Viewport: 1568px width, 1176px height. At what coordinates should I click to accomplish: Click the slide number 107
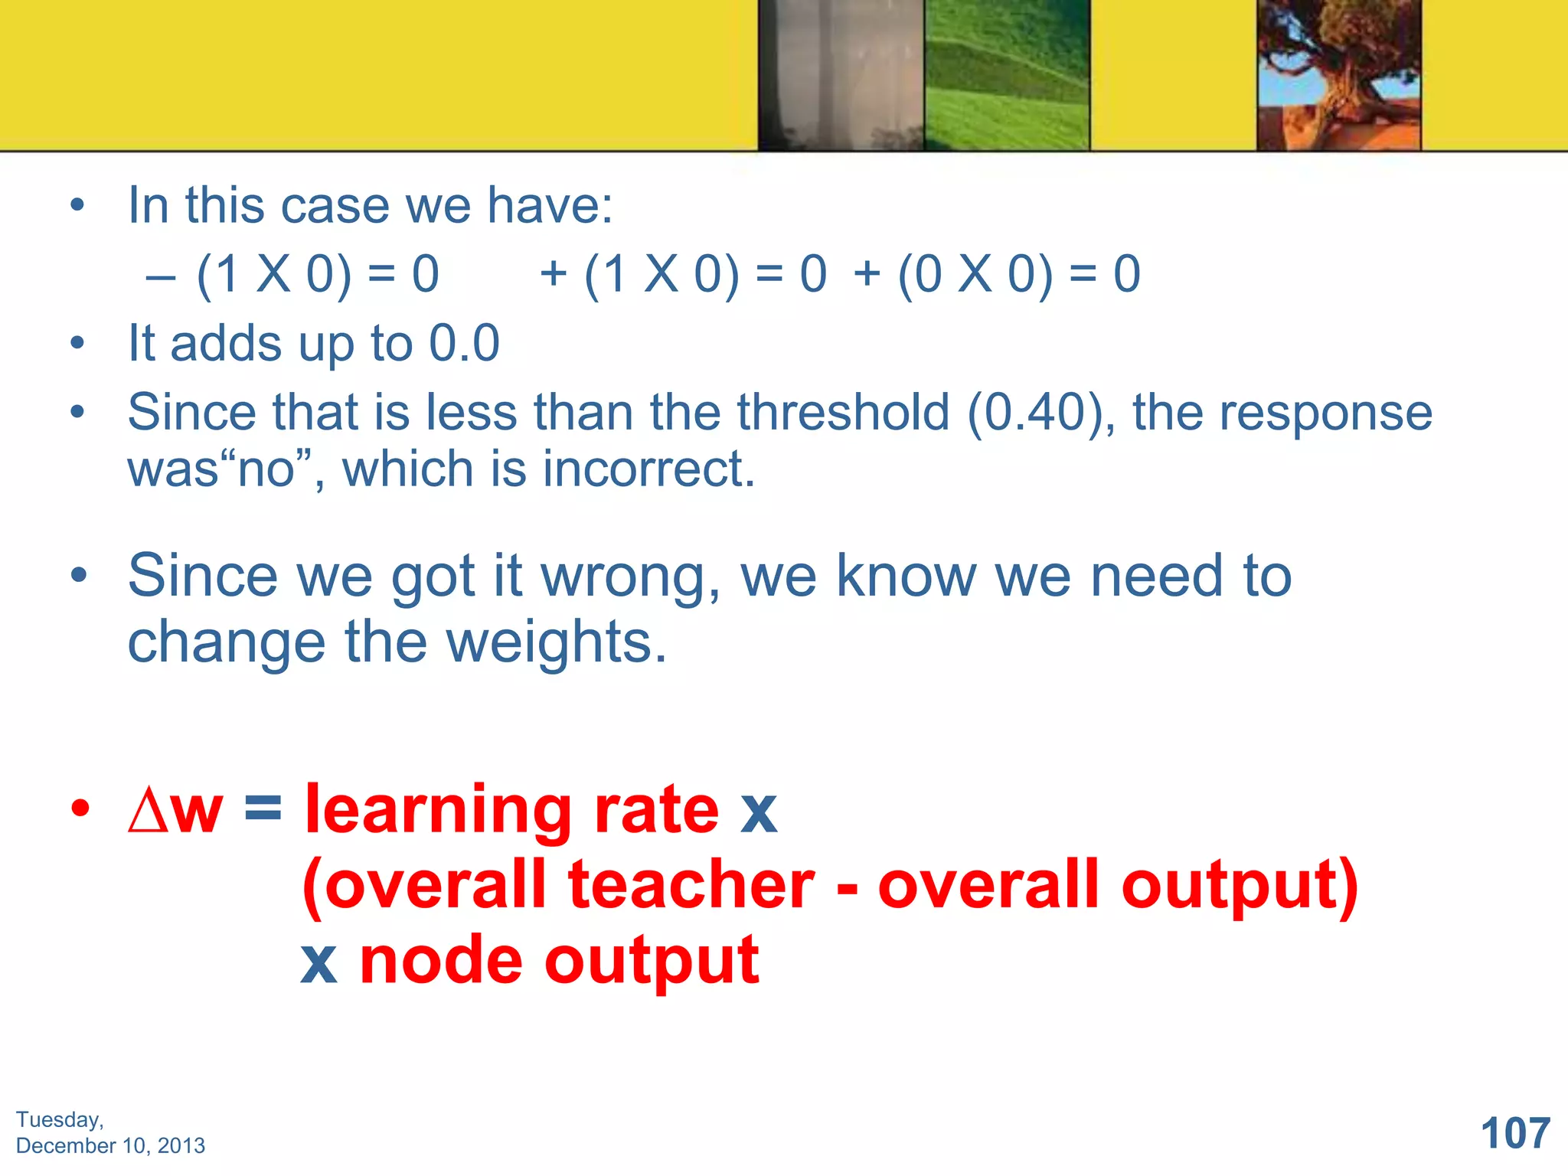[x=1515, y=1133]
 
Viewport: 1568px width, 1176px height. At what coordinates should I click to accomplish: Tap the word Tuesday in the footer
[x=59, y=1120]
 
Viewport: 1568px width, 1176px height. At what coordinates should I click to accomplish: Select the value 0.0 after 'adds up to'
[x=464, y=344]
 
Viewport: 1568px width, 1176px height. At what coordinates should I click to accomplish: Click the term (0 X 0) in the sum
[x=975, y=275]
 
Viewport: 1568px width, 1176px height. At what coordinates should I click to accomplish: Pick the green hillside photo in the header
[x=1007, y=74]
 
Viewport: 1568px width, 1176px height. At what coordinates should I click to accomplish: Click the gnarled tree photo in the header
[x=1338, y=74]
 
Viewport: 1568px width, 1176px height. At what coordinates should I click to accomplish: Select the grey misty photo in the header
[x=841, y=74]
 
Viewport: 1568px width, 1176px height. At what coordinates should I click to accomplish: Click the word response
[x=1325, y=413]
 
